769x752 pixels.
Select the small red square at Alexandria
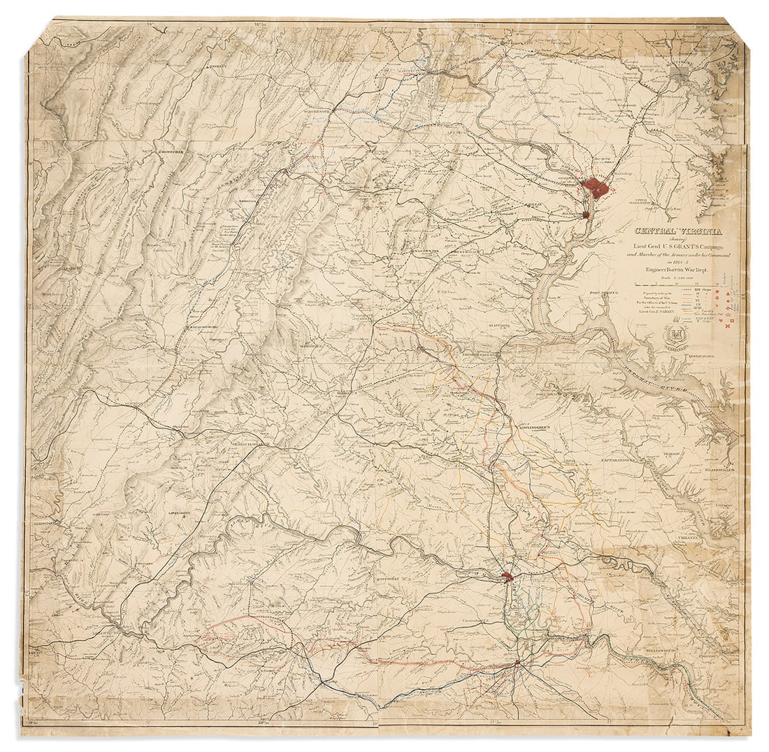tap(587, 215)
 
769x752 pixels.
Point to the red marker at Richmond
tap(508, 577)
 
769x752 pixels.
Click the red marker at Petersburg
tap(517, 662)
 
